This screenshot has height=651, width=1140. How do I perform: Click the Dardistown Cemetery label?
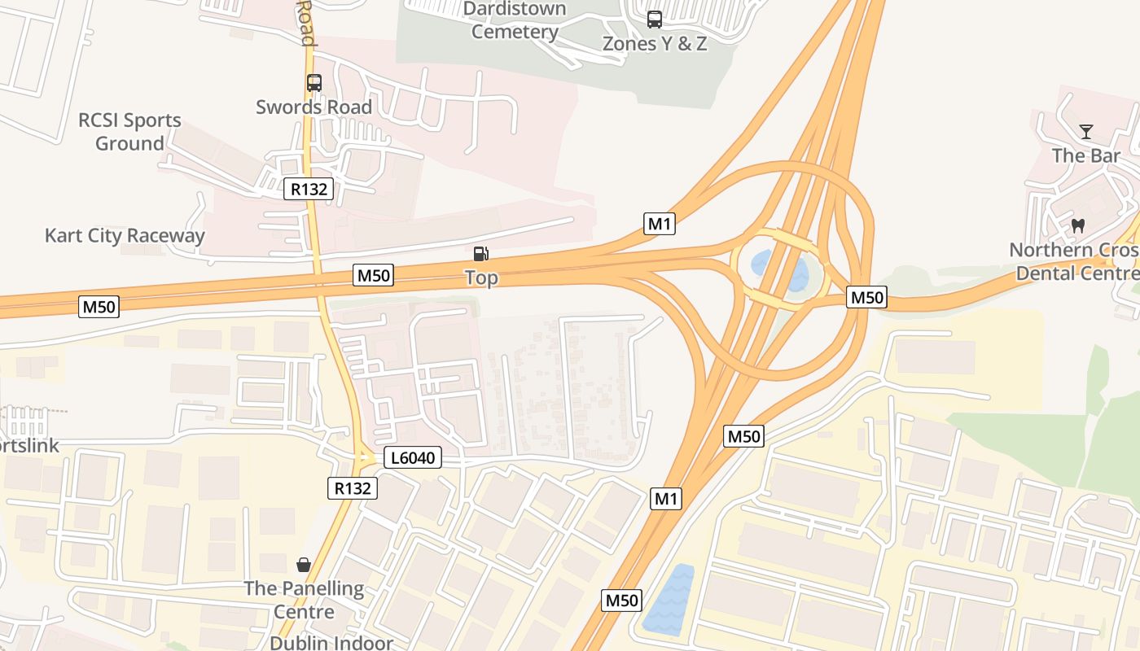coord(515,21)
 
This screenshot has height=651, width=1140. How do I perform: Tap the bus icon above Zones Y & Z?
coord(655,20)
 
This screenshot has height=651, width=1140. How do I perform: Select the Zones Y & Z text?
coord(655,44)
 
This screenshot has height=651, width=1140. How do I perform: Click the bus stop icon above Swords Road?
coord(314,83)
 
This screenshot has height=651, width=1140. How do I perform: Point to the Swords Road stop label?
coord(313,107)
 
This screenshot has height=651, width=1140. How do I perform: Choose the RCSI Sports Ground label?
coord(129,132)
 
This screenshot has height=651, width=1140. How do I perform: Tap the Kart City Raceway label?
coord(125,236)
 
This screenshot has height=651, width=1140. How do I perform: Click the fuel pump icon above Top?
coord(481,254)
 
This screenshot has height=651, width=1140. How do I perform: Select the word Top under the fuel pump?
coord(481,278)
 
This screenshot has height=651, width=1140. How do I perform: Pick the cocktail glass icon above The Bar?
coord(1085,132)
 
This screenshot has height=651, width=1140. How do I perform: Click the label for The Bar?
coord(1085,155)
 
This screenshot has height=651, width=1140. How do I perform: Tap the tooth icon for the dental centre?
coord(1078,225)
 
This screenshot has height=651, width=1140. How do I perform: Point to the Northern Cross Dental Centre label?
coord(1074,261)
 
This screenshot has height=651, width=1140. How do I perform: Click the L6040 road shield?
coord(413,458)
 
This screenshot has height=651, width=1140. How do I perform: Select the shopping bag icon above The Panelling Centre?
coord(304,564)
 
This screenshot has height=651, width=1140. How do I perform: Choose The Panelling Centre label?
coord(304,600)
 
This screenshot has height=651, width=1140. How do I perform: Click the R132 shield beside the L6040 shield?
coord(353,488)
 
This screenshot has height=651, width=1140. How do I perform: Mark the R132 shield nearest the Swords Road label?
coord(309,190)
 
